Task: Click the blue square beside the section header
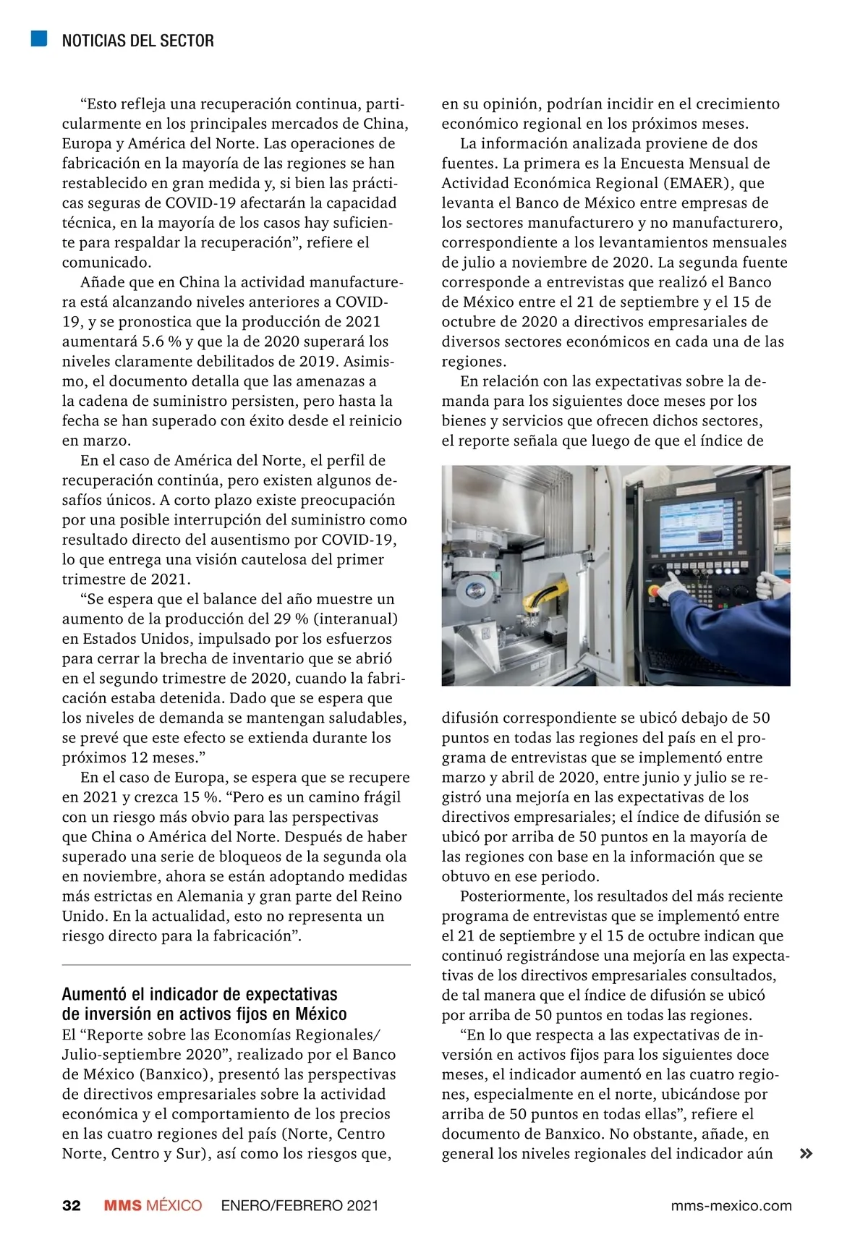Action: [39, 39]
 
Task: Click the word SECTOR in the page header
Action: [190, 41]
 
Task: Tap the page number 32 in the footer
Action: [71, 1205]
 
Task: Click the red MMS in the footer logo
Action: [122, 1205]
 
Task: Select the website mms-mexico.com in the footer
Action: [731, 1205]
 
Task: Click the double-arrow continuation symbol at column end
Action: [805, 1154]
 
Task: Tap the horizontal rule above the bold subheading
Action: [236, 965]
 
